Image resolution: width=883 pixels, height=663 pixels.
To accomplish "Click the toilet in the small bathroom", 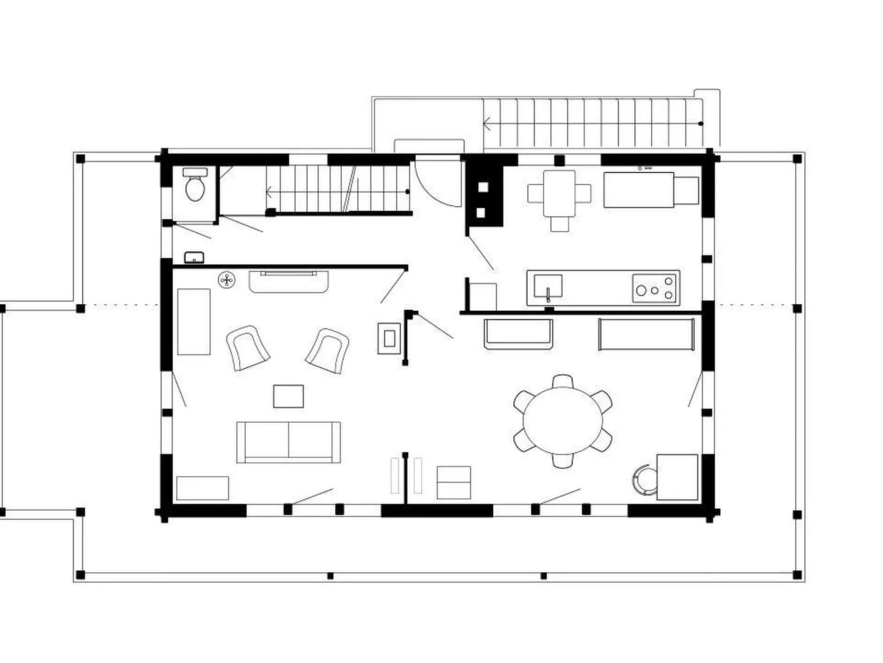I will click(195, 185).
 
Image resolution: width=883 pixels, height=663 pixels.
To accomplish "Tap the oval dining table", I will click(562, 420).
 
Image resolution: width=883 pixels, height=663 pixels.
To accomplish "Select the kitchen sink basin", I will click(548, 286).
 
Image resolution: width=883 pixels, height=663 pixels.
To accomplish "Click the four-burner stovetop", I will click(654, 288).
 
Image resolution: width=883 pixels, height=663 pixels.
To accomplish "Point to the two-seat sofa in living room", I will click(288, 442).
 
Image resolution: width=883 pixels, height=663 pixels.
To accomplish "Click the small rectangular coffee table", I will click(288, 396).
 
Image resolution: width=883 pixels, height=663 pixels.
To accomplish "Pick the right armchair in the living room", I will click(328, 350).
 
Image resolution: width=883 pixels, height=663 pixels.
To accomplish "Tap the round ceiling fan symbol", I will click(226, 280).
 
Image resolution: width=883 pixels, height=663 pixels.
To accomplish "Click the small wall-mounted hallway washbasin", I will click(194, 257).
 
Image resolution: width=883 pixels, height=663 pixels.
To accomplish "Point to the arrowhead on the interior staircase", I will click(269, 192).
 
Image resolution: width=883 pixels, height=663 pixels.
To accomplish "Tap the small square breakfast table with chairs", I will click(559, 194).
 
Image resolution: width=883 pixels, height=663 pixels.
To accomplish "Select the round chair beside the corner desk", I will click(643, 478).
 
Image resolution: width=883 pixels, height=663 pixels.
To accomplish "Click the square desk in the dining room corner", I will click(677, 476).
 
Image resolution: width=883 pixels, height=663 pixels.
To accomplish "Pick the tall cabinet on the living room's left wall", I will click(194, 322).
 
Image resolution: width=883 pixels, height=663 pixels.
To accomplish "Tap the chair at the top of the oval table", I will click(562, 381).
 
